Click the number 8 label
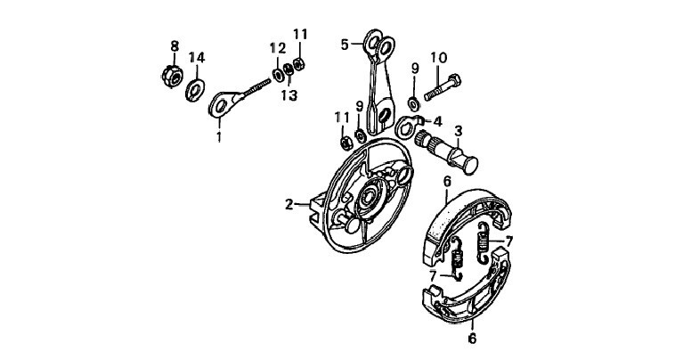click(175, 45)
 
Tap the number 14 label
click(197, 57)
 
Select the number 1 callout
click(219, 136)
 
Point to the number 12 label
click(278, 47)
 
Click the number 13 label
click(289, 95)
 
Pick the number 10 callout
click(439, 58)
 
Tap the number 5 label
click(345, 45)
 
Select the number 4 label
click(437, 121)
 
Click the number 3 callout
click(459, 131)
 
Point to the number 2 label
click(289, 205)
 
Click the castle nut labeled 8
click(173, 77)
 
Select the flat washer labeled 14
click(195, 90)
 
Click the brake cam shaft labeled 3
click(446, 151)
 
